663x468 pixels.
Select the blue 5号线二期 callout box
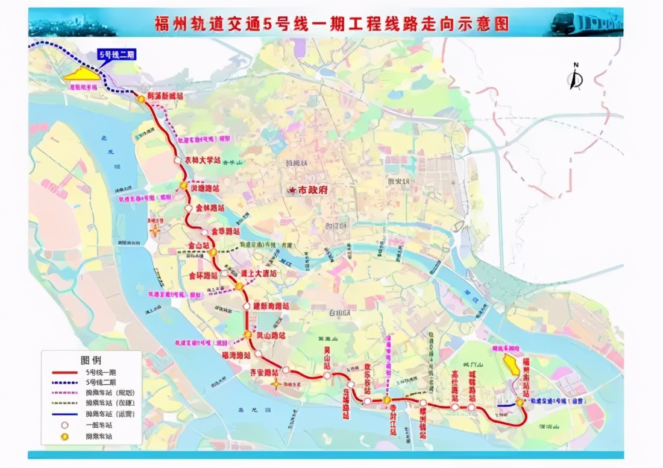coord(116,55)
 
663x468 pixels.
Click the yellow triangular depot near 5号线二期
coord(83,74)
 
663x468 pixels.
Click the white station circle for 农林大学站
coord(178,160)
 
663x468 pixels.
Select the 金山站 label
coord(198,246)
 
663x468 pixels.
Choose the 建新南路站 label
coord(271,306)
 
